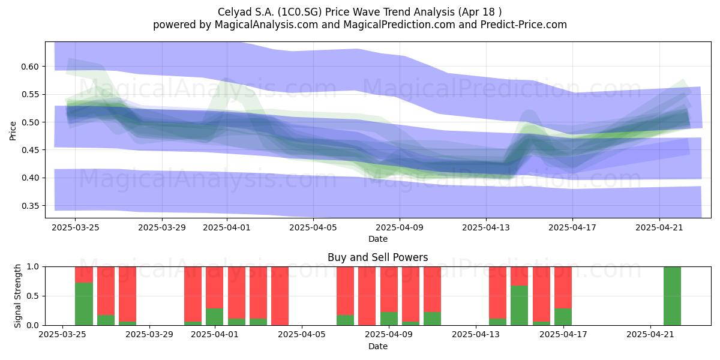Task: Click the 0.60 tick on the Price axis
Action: [29, 67]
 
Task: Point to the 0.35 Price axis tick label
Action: [29, 206]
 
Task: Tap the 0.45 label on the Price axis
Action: [29, 150]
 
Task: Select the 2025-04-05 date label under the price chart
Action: [313, 227]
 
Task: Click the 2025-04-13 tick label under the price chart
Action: [485, 227]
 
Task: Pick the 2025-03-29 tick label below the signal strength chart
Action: [149, 334]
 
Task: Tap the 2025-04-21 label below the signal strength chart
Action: [650, 334]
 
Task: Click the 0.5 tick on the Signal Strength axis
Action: [33, 296]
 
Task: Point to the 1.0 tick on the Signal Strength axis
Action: [33, 267]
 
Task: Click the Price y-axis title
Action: [13, 131]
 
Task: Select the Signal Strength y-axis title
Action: [17, 296]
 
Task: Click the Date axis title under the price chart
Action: [378, 239]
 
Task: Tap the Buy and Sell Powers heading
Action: [378, 257]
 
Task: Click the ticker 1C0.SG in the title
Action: [299, 12]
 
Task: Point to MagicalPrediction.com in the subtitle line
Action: [399, 25]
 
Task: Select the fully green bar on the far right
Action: [672, 296]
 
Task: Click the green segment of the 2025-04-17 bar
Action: [563, 317]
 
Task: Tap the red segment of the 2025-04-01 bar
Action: [214, 287]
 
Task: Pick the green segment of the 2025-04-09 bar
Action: [389, 319]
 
